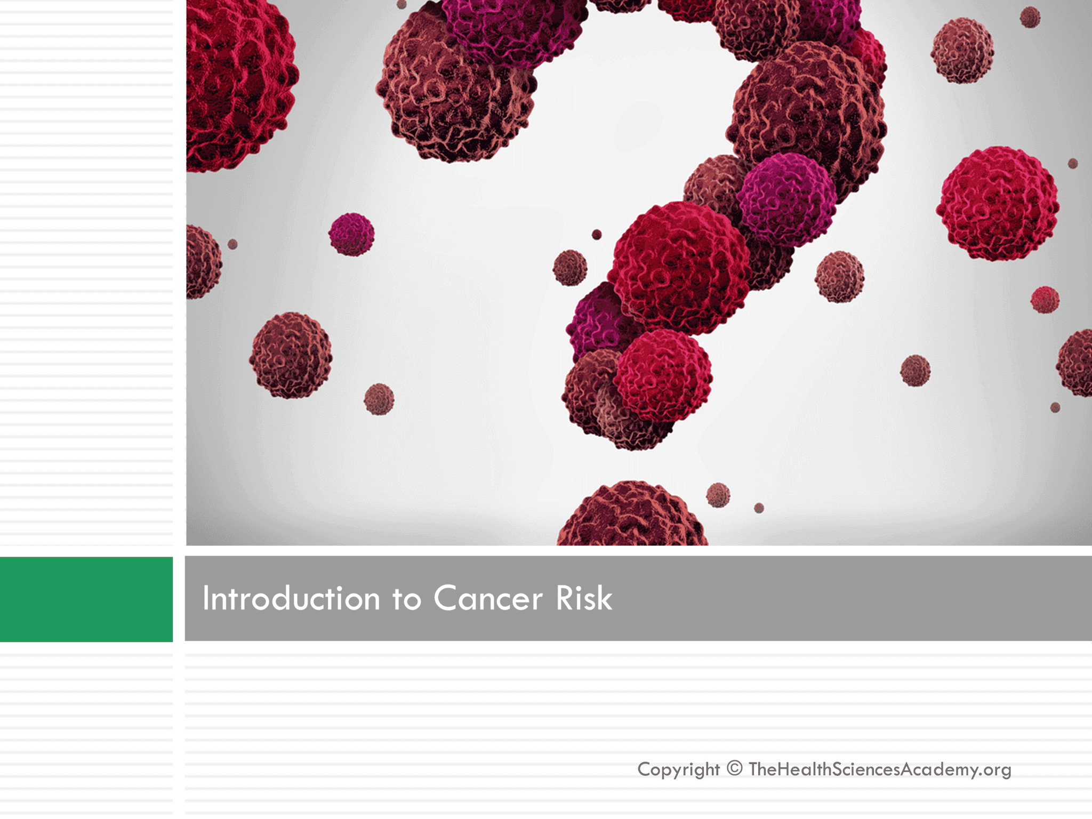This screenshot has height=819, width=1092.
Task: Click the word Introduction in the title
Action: (x=291, y=598)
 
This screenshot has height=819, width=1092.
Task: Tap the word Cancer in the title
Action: (x=487, y=598)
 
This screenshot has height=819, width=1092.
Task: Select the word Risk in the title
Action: (x=584, y=598)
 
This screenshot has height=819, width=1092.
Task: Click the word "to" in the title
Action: (x=406, y=599)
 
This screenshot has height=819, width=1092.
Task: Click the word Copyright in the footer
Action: (x=678, y=769)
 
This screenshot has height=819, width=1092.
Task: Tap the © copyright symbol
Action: (x=734, y=768)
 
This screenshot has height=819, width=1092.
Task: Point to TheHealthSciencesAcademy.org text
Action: (x=879, y=769)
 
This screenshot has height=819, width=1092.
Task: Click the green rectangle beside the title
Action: (x=86, y=599)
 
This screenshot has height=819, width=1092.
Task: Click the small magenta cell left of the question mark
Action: (x=351, y=234)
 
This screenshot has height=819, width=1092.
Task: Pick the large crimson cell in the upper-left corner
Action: (x=237, y=80)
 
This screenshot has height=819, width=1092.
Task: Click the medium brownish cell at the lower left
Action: (x=291, y=355)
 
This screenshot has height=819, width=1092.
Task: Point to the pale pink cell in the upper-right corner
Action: (x=962, y=50)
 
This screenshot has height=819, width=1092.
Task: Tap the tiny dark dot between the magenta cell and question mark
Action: (x=597, y=235)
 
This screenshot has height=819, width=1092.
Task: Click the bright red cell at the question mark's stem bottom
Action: (x=663, y=375)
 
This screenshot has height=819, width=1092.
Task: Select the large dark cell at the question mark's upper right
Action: (x=808, y=115)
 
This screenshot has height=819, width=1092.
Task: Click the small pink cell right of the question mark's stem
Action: (x=839, y=276)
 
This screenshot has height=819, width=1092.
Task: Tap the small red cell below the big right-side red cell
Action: (x=1045, y=300)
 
